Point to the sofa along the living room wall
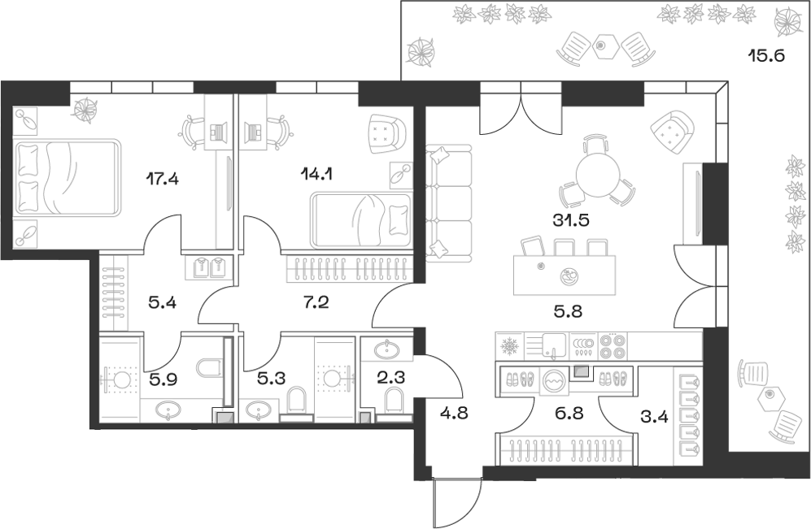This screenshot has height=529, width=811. pyautogui.click(x=448, y=201)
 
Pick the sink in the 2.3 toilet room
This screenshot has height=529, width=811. pyautogui.click(x=386, y=350)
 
